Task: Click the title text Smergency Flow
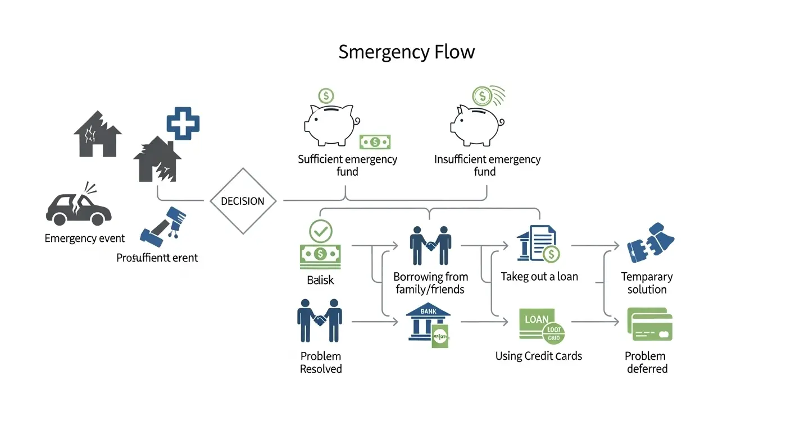coord(406,52)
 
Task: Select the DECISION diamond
coord(243,201)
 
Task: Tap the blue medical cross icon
coord(183,123)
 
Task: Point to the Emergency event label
coord(85,239)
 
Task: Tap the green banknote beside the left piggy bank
coord(375,142)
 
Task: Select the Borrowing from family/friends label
coord(430,283)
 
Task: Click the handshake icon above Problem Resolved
coord(320,320)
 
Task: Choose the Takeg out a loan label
coord(539,277)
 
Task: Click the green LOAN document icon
coord(540,325)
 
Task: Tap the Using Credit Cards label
coord(538,356)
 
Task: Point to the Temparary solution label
coord(647,283)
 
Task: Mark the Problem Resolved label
coord(321,363)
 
